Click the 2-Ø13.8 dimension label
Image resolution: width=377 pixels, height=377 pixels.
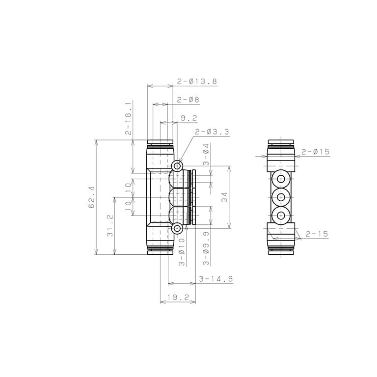(x=197, y=81)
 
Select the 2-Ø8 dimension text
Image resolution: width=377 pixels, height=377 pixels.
(x=188, y=100)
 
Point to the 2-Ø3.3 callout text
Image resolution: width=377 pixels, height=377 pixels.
(x=212, y=132)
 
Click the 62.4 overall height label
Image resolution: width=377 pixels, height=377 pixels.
(x=92, y=197)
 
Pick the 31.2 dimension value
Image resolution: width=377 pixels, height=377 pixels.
(x=110, y=226)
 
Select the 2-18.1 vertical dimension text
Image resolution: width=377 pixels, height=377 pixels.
(x=129, y=118)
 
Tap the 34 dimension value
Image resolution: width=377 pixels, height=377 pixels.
(x=224, y=197)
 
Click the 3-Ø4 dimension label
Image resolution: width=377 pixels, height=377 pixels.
(x=206, y=154)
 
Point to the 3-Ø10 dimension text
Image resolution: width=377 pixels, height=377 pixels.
(x=182, y=252)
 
